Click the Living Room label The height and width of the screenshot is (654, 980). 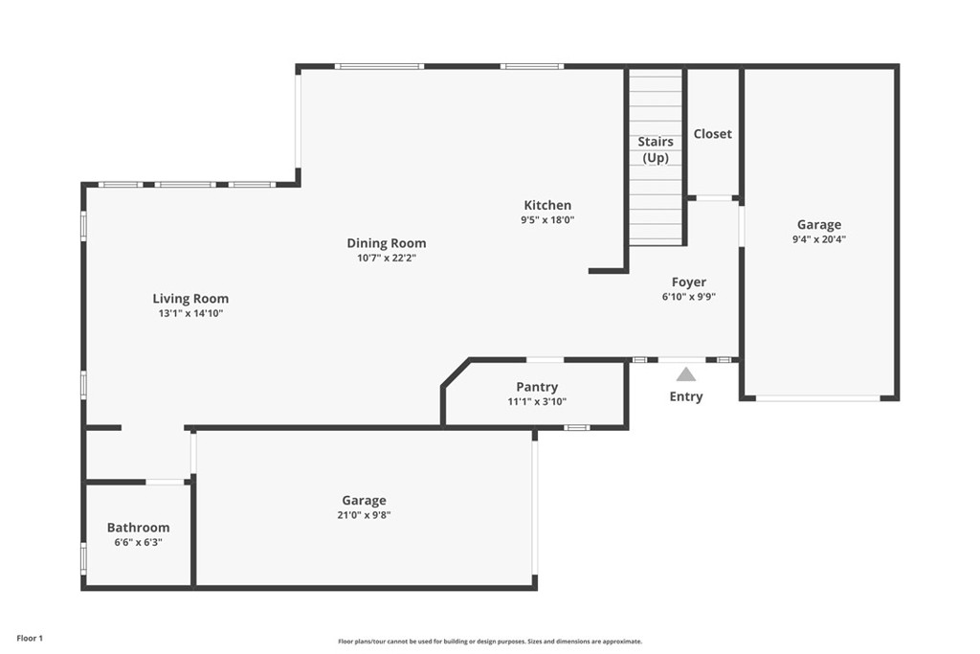(x=190, y=299)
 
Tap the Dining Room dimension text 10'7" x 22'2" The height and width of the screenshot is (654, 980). (x=386, y=258)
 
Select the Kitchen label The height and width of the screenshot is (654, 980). (x=547, y=205)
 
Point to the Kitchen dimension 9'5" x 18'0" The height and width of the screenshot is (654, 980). (x=547, y=219)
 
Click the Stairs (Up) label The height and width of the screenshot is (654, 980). (x=656, y=149)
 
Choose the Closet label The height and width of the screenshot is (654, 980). (x=712, y=134)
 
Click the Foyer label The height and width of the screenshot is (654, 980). (x=689, y=282)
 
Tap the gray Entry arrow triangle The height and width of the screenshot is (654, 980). (x=686, y=374)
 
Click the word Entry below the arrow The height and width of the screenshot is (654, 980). (x=686, y=396)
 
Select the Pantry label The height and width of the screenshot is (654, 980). (x=537, y=387)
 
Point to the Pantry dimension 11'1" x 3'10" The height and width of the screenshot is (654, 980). (x=537, y=401)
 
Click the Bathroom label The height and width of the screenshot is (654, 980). (x=138, y=528)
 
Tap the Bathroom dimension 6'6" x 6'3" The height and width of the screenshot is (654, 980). (x=138, y=542)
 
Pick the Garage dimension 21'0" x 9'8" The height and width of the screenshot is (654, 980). (x=365, y=514)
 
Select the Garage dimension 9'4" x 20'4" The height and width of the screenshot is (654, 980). (x=819, y=239)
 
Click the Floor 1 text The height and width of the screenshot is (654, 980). (x=30, y=638)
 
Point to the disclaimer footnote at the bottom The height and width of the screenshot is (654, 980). (x=489, y=642)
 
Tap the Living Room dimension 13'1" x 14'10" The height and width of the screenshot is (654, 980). (x=190, y=313)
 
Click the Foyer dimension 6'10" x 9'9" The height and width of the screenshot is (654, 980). (x=689, y=297)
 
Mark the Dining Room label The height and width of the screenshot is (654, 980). (x=386, y=243)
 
